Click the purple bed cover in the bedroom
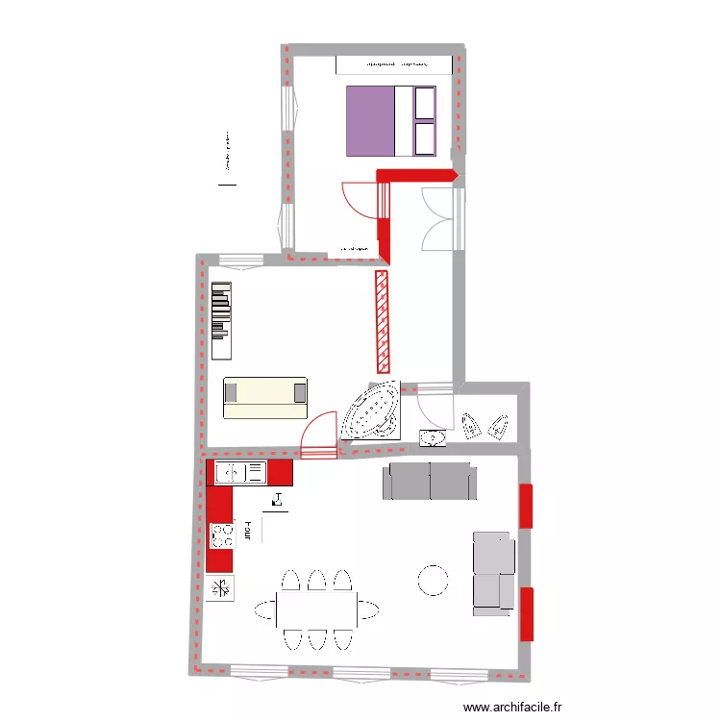coord(370,120)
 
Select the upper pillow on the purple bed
coord(424,103)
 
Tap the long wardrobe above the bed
coord(393,64)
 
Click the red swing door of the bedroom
coord(356,200)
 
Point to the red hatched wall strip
coord(382,321)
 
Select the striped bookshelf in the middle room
coord(222,311)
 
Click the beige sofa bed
coord(264,397)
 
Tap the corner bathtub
coord(371,411)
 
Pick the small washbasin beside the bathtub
coord(433,439)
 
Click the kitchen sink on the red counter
coord(239,472)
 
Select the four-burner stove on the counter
coord(222,534)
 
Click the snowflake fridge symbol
coord(221,588)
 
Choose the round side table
coord(433,580)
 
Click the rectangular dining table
coord(316,609)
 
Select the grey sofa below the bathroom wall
coord(430,482)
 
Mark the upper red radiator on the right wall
coord(526,506)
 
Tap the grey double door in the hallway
coord(443,220)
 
